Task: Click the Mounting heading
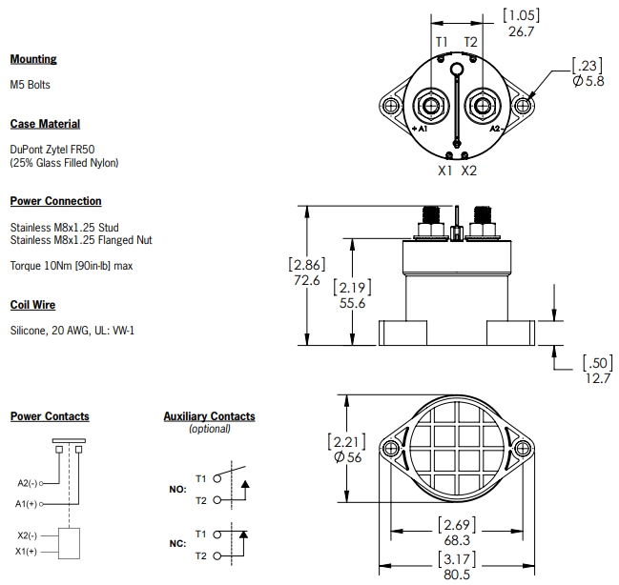tap(33, 59)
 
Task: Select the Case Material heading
tap(45, 124)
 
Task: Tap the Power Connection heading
tap(55, 201)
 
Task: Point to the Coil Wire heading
tap(32, 305)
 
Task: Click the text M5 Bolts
tap(31, 85)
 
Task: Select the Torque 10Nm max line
tap(72, 266)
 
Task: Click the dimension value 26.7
tap(521, 31)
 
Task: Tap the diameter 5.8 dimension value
tap(588, 82)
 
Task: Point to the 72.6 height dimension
tap(308, 283)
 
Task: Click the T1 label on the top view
tap(442, 43)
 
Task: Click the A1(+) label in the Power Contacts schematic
tap(29, 502)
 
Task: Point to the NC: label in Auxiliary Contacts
tap(176, 544)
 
